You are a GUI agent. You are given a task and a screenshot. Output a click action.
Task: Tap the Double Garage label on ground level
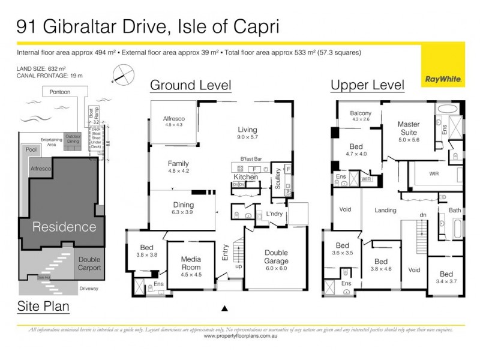coord(277,257)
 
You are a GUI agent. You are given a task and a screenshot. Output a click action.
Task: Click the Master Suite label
coord(409,128)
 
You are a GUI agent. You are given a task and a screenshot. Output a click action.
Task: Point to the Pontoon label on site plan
coord(60,92)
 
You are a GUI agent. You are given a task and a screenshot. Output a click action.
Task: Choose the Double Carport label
coord(89,264)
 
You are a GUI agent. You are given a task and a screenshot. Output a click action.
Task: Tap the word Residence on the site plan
coord(64,227)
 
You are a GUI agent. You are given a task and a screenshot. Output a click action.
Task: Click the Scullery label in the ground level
coord(278,179)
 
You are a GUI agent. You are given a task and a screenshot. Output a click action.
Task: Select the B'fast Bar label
coord(251,159)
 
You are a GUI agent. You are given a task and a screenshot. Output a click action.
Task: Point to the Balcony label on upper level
coord(361,113)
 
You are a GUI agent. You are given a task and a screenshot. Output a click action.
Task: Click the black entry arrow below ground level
coord(225,308)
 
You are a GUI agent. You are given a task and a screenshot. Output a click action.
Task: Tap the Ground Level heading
coord(190,85)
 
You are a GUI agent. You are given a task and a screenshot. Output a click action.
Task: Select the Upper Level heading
coord(367,85)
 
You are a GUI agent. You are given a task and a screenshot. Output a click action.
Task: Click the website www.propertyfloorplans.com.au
coord(240,337)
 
